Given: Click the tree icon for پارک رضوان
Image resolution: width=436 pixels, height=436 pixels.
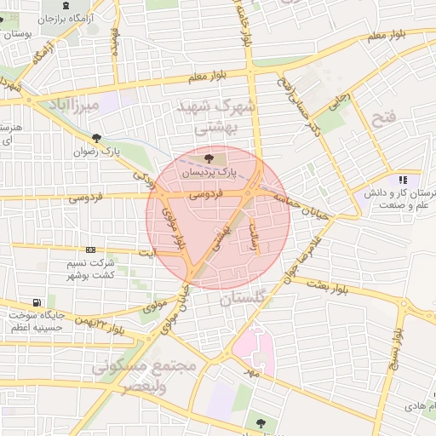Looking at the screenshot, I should click(x=96, y=138).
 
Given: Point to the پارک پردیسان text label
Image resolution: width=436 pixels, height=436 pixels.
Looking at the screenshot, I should click(x=208, y=172).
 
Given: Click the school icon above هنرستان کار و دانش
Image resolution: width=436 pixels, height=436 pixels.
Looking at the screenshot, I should click(x=402, y=181).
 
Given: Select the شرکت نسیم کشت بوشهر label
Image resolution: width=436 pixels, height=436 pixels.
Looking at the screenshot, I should click(x=90, y=271).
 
